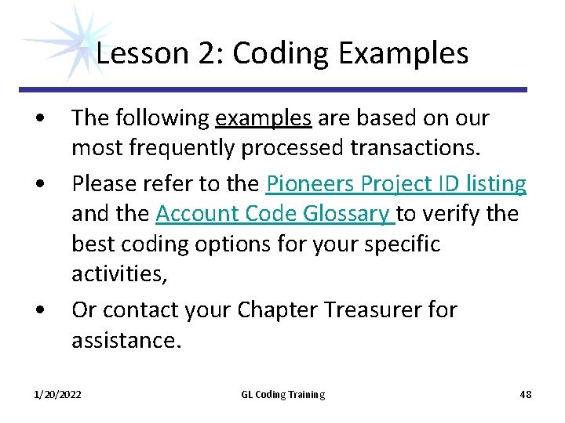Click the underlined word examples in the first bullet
tap(264, 118)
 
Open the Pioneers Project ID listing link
tap(396, 183)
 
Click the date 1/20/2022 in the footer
tap(57, 394)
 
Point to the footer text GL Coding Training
tap(282, 394)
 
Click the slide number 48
tap(525, 394)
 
